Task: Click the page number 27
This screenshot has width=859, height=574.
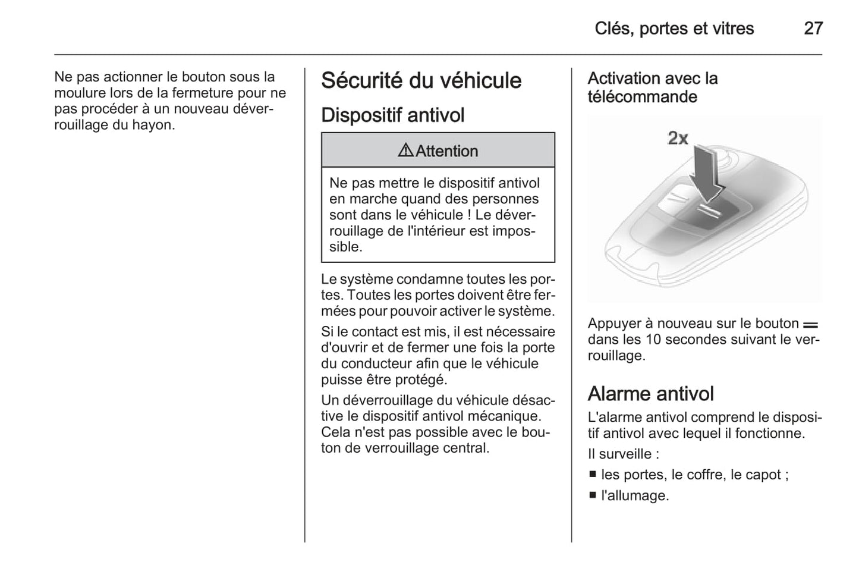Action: coord(813,29)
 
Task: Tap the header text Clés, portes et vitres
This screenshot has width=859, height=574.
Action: coord(674,29)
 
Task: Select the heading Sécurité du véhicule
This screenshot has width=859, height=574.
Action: coord(421,81)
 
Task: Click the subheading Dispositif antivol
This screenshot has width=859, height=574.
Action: coord(392,115)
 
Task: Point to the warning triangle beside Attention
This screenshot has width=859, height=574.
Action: coord(405,150)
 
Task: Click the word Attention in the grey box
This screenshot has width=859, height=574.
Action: coord(446,151)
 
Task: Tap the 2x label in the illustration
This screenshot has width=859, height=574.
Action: coord(677,138)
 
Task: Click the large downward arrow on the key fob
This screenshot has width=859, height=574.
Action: coord(706,172)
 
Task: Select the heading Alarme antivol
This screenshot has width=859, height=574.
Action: coord(650,394)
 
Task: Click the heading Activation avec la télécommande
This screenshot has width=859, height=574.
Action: coord(652,87)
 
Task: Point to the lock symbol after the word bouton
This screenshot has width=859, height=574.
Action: coord(810,325)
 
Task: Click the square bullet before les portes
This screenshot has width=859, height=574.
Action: coord(592,475)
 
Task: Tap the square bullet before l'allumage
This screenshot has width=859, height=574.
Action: coord(592,495)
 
